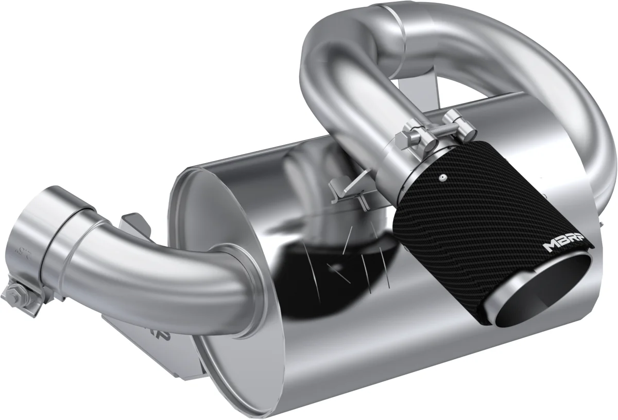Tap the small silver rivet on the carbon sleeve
[441, 178]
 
